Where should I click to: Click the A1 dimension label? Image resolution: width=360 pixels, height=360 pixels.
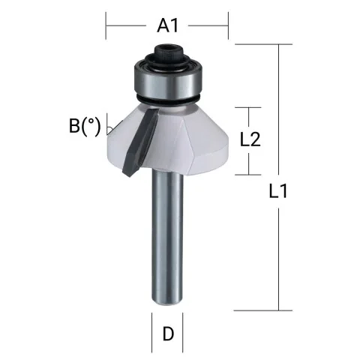168,26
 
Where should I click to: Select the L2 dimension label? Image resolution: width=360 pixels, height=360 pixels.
250,140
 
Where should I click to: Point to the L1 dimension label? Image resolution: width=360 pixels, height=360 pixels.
279,192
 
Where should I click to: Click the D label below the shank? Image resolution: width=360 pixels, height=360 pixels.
168,334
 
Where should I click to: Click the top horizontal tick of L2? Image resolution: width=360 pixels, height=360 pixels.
248,107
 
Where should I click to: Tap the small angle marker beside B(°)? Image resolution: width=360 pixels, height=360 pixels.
110,124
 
